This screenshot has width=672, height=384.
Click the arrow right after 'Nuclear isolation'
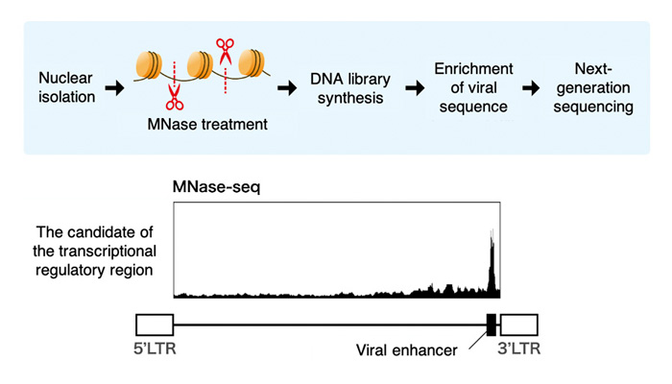115,87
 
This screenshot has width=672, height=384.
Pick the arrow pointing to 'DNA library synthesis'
285,87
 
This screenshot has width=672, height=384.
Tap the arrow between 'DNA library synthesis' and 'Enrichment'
414,87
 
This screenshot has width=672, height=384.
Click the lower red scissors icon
175,96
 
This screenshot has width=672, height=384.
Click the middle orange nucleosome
201,64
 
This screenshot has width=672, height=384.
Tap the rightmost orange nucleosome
252,64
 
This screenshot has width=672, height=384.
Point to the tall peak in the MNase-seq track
491,259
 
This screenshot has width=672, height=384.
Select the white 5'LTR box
154,324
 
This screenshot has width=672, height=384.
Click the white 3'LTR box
519,324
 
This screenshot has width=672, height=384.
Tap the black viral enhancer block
491,324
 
